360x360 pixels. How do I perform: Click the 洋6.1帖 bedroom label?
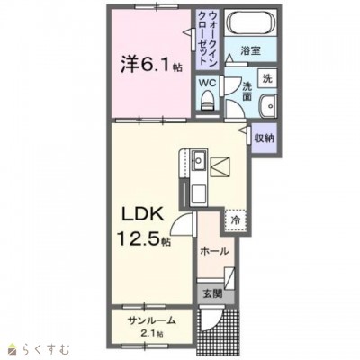click(x=151, y=65)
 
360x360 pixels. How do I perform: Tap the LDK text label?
click(x=142, y=215)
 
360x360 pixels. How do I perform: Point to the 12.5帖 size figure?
click(x=144, y=238)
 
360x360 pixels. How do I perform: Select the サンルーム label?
click(x=151, y=321)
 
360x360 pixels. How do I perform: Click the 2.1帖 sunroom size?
click(x=151, y=333)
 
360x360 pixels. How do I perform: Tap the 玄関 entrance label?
click(x=213, y=293)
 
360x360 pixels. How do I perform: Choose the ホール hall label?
click(x=214, y=251)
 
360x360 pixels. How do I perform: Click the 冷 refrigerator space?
click(x=236, y=220)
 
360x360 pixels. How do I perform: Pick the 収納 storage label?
click(x=265, y=139)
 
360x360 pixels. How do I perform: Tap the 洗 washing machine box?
click(x=267, y=78)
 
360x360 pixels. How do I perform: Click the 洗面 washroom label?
click(x=247, y=91)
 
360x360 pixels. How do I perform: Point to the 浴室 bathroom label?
click(x=250, y=51)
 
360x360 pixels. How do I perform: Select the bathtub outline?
click(x=250, y=23)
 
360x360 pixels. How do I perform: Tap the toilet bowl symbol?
click(x=208, y=101)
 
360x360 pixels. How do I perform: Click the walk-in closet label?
click(x=208, y=37)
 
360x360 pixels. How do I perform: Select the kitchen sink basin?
click(x=198, y=161)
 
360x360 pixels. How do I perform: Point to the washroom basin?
click(x=268, y=106)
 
